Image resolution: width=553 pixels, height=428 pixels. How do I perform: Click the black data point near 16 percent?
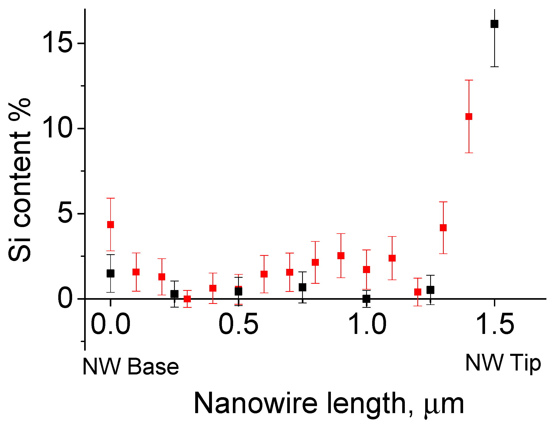coord(494,24)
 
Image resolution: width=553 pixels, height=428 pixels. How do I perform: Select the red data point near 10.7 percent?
coord(469,117)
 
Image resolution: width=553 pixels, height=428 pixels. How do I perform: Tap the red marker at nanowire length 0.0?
coord(111,224)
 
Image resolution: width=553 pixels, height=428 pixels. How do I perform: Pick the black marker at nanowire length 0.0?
coord(111,274)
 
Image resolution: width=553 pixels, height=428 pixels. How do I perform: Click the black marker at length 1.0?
coord(366,299)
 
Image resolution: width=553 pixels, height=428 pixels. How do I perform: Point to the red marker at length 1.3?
coord(443,228)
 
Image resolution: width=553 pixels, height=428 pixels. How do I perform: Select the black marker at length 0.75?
coord(302,287)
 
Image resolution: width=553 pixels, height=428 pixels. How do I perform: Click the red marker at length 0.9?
coord(341,256)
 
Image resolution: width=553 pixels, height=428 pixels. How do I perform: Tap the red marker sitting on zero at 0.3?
coord(187,299)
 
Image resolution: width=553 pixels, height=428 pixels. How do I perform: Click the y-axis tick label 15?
coord(56,43)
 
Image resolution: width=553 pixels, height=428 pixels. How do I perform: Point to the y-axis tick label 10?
coord(56,128)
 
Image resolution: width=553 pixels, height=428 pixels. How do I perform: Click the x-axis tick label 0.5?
coord(238,325)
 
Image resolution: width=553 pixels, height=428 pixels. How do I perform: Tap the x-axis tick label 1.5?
coord(494,325)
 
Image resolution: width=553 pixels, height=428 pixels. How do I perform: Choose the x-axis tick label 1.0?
coord(366,325)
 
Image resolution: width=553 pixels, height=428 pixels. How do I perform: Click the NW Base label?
coord(130,367)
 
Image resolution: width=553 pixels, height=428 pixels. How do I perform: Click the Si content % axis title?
coord(20,180)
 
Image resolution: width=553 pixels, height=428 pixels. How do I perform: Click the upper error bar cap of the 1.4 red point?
coord(469,80)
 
